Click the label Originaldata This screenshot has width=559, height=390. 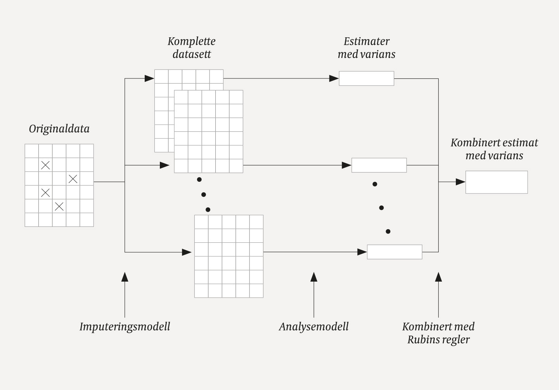[x=59, y=129]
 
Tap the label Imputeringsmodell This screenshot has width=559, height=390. [x=125, y=327]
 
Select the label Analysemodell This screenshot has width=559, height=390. [x=313, y=327]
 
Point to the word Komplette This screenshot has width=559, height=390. [x=191, y=42]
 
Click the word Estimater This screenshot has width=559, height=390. [x=367, y=42]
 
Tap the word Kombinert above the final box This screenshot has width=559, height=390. [x=471, y=143]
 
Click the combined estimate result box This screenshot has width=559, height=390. [x=496, y=182]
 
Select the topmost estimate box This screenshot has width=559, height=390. [x=366, y=78]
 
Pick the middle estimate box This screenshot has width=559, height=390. [x=379, y=165]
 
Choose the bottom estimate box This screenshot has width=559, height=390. [x=394, y=252]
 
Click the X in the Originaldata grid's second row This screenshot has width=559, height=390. [x=45, y=165]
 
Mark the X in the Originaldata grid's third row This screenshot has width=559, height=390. [x=73, y=179]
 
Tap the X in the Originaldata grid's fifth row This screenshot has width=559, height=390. [x=59, y=206]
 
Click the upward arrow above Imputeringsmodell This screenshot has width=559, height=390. [x=125, y=277]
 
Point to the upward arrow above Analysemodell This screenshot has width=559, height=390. [x=314, y=277]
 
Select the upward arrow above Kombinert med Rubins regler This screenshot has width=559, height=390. [x=438, y=277]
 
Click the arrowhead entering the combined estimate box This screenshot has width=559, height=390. [x=461, y=182]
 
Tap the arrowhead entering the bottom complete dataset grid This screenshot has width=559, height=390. [x=187, y=252]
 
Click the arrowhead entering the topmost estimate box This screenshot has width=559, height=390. [x=334, y=78]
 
